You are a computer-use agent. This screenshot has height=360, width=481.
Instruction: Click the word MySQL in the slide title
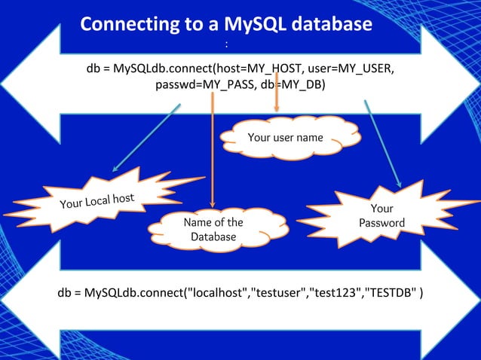click(250, 24)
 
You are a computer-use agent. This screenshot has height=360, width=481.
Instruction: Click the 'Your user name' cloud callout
click(286, 137)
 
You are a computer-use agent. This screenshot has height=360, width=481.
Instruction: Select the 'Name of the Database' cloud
click(213, 230)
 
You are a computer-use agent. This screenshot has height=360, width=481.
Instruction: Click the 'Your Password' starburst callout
click(381, 215)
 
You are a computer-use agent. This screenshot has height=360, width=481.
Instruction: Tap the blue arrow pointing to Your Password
click(382, 143)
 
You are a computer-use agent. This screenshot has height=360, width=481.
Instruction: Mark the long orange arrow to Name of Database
click(213, 151)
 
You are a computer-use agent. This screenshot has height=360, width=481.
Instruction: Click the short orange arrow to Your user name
click(276, 94)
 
